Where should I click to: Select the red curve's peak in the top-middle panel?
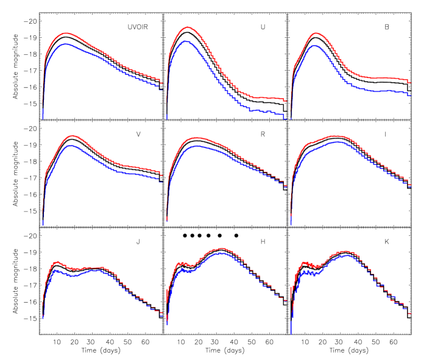pos(188,27)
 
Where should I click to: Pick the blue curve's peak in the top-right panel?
pos(315,45)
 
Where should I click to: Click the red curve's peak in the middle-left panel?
pos(73,136)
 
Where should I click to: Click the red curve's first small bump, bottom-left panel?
pos(57,261)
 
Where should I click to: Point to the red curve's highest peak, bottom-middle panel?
pos(222,249)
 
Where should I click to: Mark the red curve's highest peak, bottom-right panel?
pos(346,251)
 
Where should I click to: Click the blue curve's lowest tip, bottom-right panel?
pos(291,333)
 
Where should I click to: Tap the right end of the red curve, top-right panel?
pos(410,82)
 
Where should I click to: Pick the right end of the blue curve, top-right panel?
pos(410,95)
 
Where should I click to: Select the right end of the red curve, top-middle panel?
pos(286,101)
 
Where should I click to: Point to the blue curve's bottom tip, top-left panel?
pos(43,119)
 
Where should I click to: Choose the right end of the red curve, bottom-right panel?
pos(410,313)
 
